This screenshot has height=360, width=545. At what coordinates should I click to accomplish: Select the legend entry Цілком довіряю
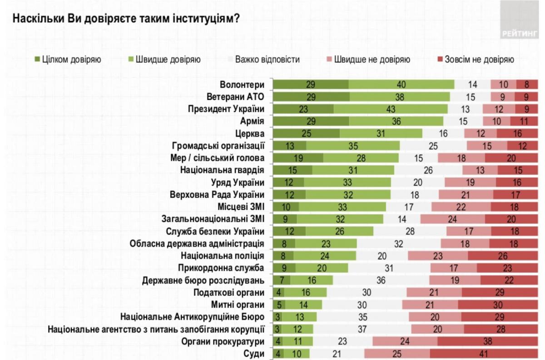[x=68, y=59]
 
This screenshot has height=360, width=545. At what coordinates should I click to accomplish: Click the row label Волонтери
[x=242, y=84]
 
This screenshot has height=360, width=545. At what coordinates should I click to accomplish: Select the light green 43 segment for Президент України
[x=391, y=109]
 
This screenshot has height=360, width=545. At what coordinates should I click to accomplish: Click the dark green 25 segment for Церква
[x=306, y=133]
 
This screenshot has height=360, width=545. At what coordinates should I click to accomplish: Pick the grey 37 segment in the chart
[x=362, y=329]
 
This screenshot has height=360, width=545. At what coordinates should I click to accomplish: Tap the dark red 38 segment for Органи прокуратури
[x=483, y=341]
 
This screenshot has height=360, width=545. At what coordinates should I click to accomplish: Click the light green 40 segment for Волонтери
[x=401, y=84]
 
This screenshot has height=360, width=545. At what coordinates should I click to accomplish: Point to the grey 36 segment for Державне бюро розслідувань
[x=381, y=280]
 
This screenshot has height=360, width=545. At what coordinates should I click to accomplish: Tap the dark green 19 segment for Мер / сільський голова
[x=298, y=158]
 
